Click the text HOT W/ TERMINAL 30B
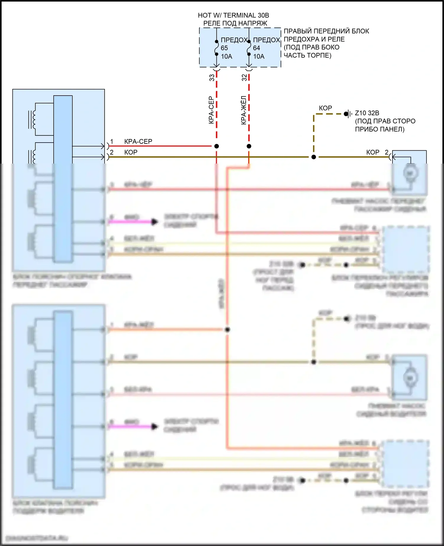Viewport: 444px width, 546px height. [233, 15]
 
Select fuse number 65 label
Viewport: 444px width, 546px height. [224, 48]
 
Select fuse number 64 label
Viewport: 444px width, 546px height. [256, 48]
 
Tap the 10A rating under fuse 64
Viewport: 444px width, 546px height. [259, 56]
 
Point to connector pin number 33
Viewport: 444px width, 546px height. [212, 77]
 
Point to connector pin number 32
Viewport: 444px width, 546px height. [244, 77]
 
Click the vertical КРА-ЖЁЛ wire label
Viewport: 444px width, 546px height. [244, 110]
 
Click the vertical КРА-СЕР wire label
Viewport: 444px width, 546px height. [211, 110]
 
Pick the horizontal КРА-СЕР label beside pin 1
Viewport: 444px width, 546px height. [138, 141]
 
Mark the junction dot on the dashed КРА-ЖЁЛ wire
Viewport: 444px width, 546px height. [249, 146]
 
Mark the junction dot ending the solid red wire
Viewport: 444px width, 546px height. [217, 146]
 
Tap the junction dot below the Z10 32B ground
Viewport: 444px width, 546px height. [314, 157]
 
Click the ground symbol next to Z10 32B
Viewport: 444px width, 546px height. [348, 114]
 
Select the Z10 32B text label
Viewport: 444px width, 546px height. [367, 113]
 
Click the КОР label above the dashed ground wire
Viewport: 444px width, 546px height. [325, 108]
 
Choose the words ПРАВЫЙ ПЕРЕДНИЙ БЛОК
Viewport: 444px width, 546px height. [326, 31]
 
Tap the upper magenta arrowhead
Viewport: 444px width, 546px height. [155, 222]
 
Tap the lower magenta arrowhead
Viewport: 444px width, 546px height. [155, 427]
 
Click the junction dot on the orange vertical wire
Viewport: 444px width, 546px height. [227, 329]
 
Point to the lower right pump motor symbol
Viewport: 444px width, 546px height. [410, 378]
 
